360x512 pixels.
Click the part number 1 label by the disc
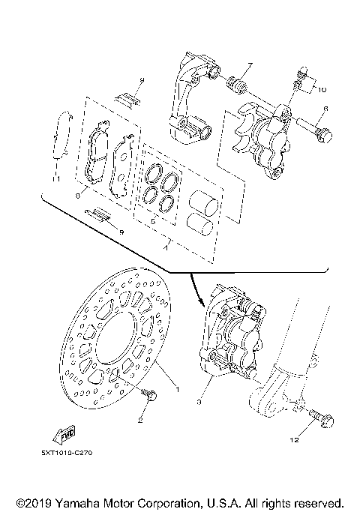tap(177, 390)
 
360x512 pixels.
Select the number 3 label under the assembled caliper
tap(200, 403)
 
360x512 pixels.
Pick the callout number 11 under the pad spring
tap(55, 180)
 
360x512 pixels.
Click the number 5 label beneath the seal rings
tap(153, 222)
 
